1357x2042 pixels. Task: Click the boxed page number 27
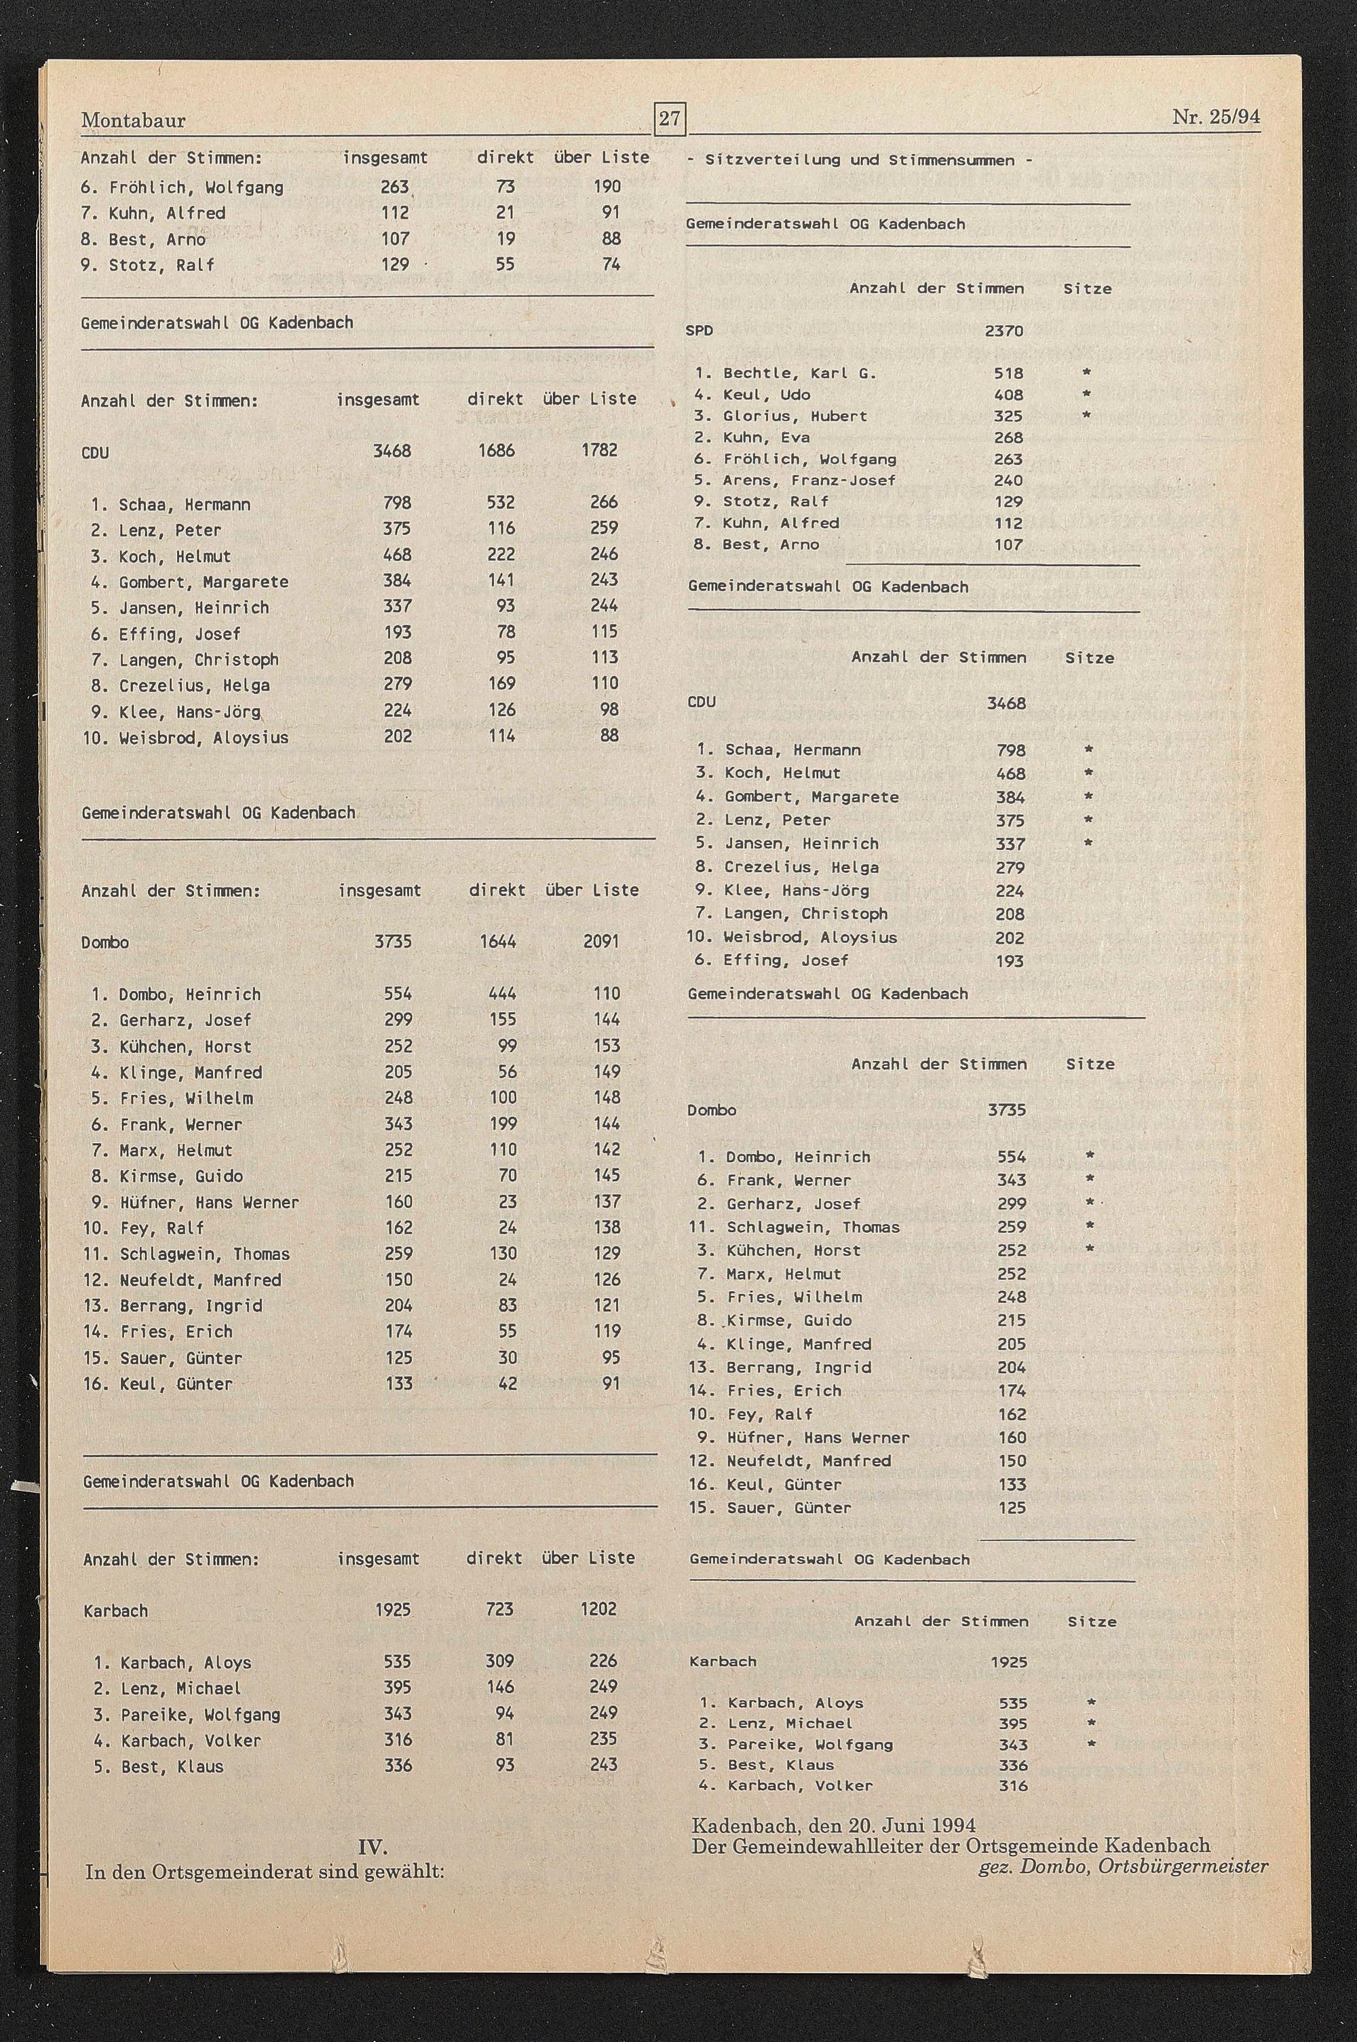669,119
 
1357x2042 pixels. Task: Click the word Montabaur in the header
133,120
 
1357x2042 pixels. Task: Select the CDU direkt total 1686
496,450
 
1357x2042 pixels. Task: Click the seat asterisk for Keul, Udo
1087,394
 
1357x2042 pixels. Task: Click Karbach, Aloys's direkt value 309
499,1661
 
